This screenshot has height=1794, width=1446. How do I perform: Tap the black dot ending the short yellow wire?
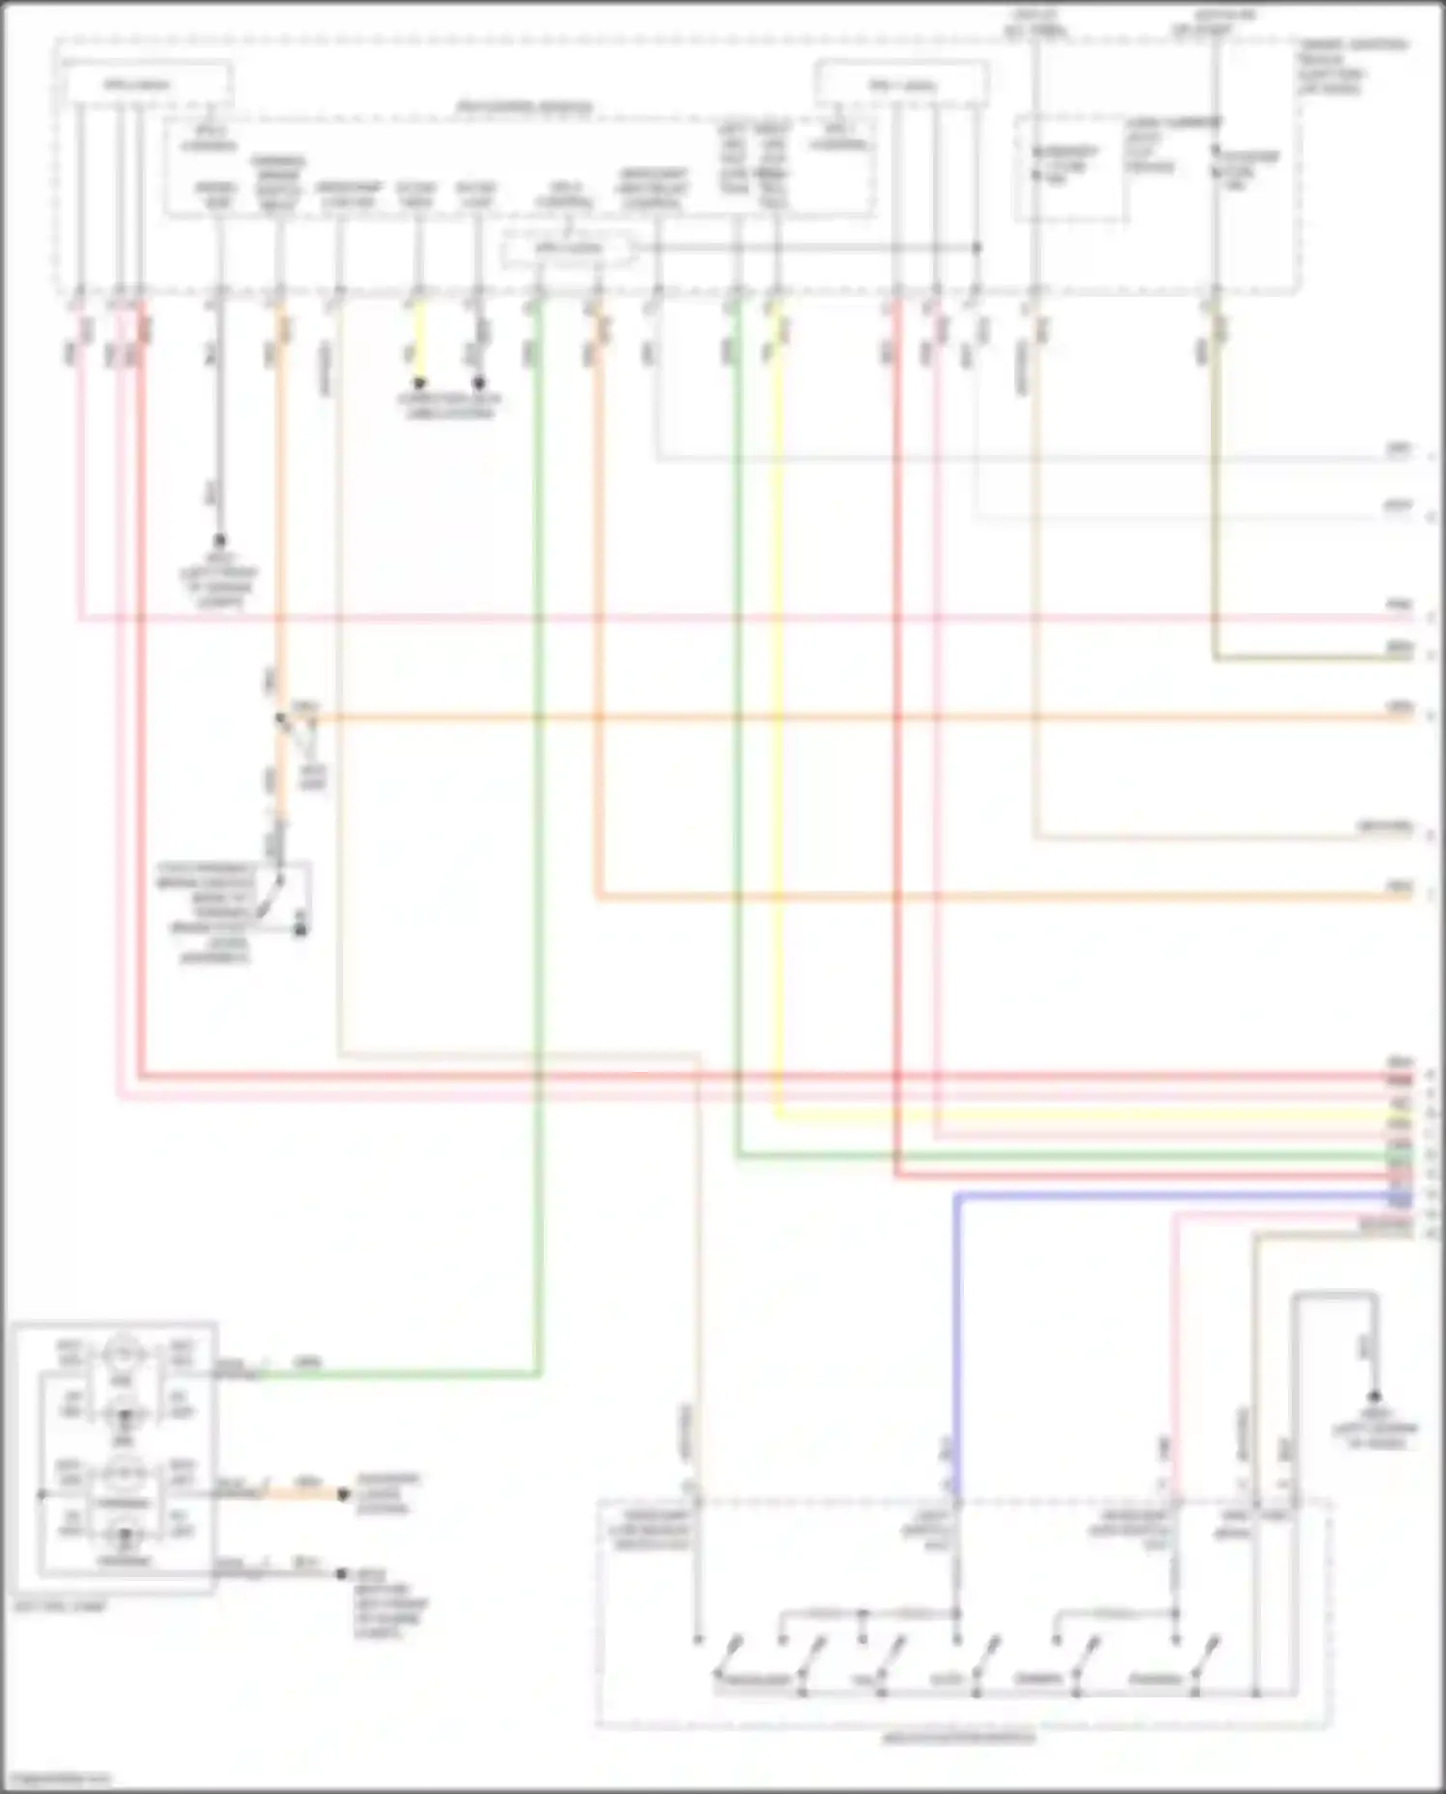[x=419, y=384]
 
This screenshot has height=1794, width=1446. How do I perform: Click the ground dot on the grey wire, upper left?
[x=220, y=541]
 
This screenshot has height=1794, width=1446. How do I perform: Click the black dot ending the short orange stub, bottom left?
[x=342, y=1495]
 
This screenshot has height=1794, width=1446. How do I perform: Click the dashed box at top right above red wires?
[x=901, y=84]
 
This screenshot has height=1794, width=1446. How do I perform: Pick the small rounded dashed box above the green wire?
[x=569, y=250]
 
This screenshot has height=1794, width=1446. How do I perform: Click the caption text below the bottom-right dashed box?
[x=959, y=1739]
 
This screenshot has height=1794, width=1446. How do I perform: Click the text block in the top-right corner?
[x=1354, y=66]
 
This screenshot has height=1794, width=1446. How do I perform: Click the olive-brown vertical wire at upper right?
[x=1215, y=482]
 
